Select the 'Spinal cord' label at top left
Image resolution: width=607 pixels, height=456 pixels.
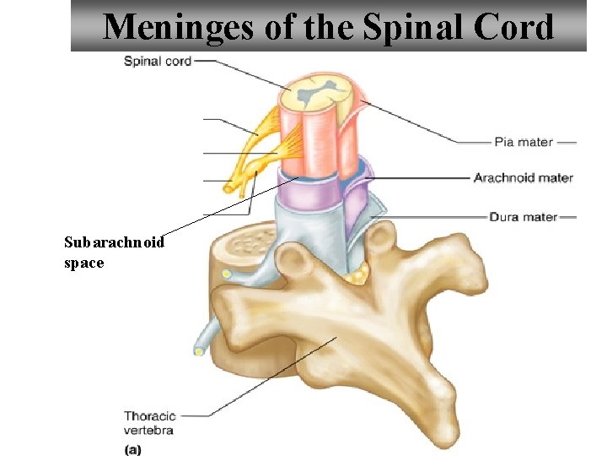click(x=158, y=61)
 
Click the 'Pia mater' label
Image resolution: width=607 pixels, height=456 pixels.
click(x=523, y=142)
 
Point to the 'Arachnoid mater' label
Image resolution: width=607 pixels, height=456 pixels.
click(x=523, y=178)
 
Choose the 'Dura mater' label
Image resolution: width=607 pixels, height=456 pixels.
click(x=523, y=217)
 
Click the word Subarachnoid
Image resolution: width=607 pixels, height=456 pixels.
click(x=114, y=242)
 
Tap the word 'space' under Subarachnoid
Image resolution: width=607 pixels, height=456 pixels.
click(x=83, y=263)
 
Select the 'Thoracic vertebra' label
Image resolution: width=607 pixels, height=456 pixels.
click(x=149, y=422)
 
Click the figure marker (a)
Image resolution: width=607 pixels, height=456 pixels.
click(x=132, y=449)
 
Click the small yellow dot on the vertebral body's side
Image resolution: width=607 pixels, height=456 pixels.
click(x=226, y=274)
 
